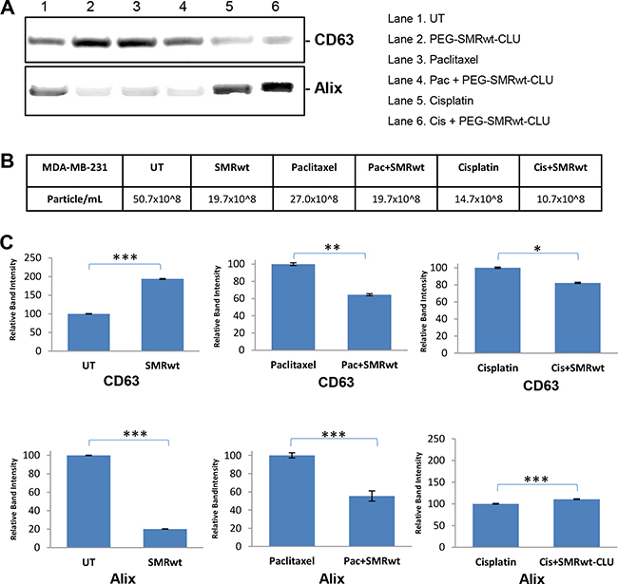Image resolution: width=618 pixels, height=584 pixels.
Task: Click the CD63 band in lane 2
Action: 83,43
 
